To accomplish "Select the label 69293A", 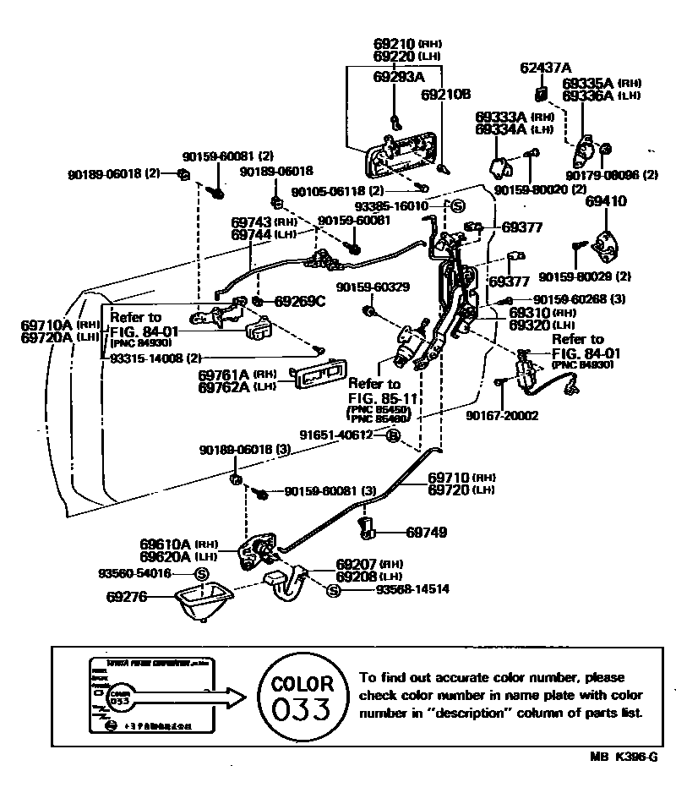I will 398,77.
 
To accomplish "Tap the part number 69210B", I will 445,95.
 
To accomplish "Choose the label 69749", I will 426,533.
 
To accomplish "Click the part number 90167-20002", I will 501,415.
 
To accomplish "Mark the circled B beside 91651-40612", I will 393,435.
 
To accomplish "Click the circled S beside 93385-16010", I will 457,205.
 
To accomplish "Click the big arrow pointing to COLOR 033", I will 194,697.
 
